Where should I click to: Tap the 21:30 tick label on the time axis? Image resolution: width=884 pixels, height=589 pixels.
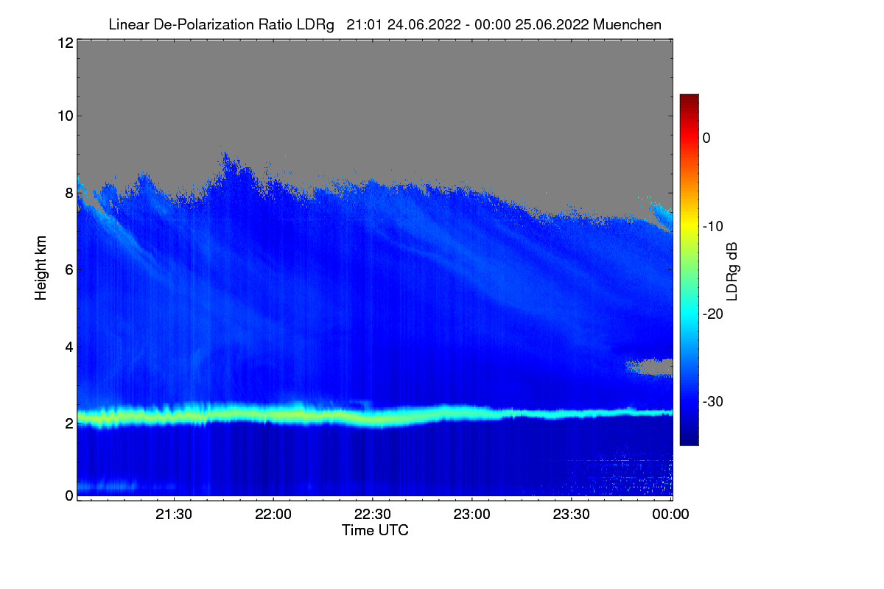(175, 515)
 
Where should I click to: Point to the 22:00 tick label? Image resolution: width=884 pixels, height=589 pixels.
(274, 515)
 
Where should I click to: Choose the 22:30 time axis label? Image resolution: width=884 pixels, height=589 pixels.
(373, 515)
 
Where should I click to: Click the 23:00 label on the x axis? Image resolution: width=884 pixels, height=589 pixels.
(472, 515)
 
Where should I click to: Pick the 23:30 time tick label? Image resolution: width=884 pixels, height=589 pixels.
(572, 515)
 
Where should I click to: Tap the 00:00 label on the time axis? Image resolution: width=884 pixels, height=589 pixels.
(671, 515)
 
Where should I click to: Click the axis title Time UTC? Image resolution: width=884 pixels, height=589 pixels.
(375, 530)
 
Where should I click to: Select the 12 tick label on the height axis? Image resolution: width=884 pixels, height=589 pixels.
(64, 43)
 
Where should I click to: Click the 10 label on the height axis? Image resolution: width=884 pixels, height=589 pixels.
(64, 116)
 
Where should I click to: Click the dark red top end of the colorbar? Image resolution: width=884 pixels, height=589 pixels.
(689, 99)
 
